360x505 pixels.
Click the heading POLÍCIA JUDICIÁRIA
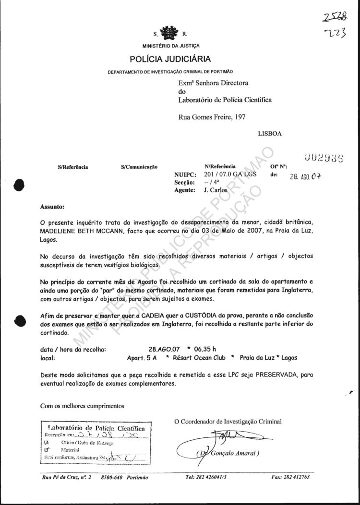click(170, 59)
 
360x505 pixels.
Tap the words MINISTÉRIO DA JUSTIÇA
click(170, 47)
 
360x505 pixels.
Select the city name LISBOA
click(270, 134)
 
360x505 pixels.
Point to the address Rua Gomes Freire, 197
click(214, 117)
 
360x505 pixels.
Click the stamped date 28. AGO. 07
click(307, 176)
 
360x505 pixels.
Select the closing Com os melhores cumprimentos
click(82, 406)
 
